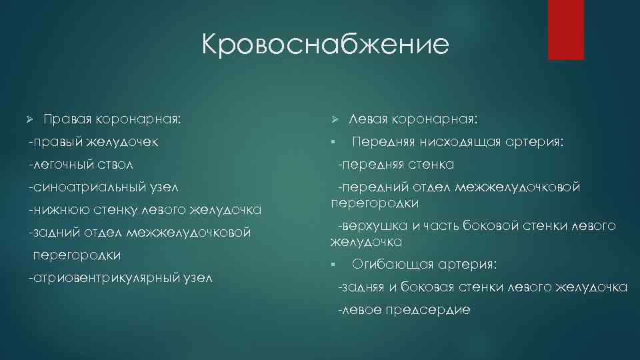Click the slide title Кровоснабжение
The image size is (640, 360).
[x=325, y=45]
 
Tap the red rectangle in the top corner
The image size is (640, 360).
[x=565, y=29]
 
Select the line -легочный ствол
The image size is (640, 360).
[x=81, y=164]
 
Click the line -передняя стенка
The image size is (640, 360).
[x=396, y=164]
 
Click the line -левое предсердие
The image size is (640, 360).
[x=404, y=309]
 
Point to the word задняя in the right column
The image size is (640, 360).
[x=363, y=287]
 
